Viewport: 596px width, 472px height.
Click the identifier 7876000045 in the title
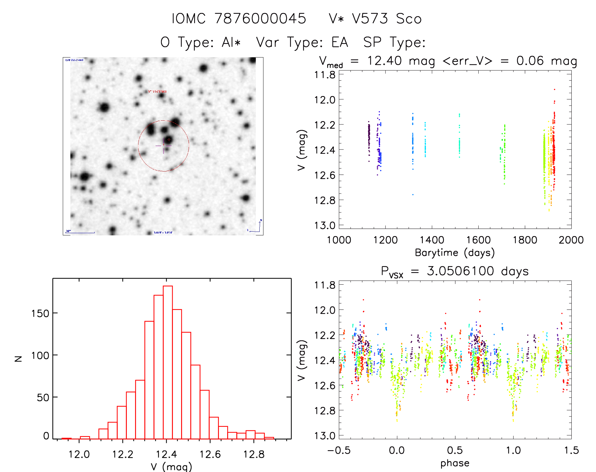[x=260, y=19]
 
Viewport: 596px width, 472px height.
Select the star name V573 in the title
[x=370, y=19]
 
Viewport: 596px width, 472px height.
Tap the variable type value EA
[x=340, y=42]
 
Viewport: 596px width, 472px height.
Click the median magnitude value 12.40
[x=384, y=61]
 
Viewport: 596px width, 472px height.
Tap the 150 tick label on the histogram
[x=40, y=313]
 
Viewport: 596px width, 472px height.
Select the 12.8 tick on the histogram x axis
[x=254, y=454]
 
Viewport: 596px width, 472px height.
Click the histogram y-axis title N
[x=19, y=359]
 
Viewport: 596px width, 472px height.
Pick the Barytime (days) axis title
[x=455, y=253]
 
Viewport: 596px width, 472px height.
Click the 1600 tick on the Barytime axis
[x=478, y=240]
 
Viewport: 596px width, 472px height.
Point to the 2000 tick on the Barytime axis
[x=571, y=240]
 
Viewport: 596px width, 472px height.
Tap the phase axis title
[x=455, y=463]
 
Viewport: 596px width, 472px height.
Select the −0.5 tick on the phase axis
[x=339, y=451]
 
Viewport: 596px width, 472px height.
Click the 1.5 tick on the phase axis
[x=571, y=451]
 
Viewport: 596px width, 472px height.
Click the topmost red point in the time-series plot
[x=554, y=90]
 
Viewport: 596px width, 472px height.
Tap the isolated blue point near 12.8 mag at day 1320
[x=413, y=195]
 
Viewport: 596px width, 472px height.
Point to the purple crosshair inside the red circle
[x=163, y=146]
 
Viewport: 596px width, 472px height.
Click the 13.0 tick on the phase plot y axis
[x=325, y=436]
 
